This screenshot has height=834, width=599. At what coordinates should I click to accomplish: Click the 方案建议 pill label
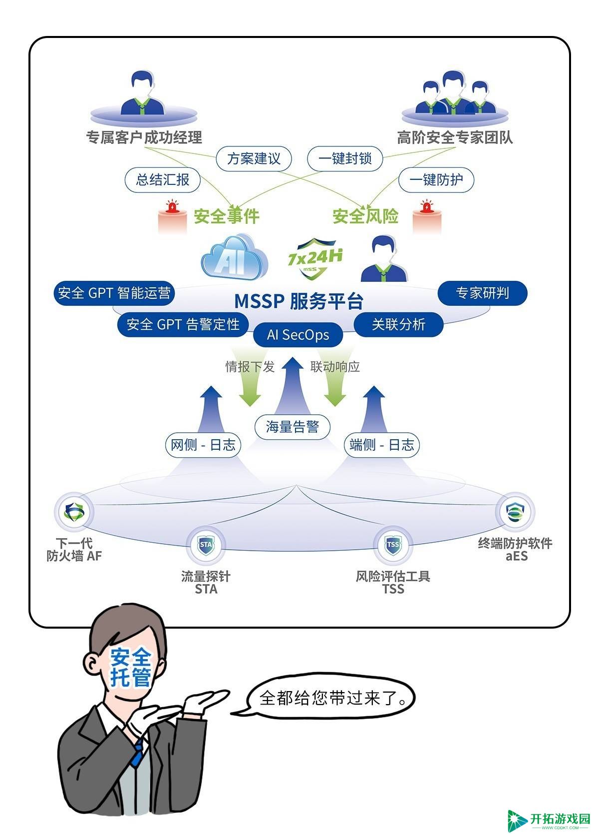coord(254,158)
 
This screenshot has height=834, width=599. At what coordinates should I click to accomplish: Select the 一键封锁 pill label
coord(345,158)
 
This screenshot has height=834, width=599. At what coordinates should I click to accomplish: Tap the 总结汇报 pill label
coord(163,180)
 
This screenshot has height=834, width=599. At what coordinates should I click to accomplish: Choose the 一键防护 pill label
coord(436,180)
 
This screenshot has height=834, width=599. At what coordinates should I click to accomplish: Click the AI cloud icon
coord(235,256)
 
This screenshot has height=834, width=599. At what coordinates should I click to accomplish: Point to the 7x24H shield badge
coord(315,258)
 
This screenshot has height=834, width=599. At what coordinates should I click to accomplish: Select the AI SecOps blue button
coord(298,335)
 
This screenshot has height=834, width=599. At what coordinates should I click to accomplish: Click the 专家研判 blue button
coord(482,293)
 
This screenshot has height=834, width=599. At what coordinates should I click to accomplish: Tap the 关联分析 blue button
coord(399,324)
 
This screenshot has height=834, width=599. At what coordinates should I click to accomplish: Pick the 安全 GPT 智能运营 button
coord(114,293)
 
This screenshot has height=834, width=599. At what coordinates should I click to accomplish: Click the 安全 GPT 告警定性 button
coord(183,324)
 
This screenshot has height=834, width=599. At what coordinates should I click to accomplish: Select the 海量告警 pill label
coord(292,427)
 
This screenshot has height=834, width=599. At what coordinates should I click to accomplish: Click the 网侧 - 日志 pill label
coord(203,445)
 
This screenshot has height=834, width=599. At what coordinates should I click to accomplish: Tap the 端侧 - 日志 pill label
coord(382,445)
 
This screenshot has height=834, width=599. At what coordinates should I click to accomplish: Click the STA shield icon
coord(206,545)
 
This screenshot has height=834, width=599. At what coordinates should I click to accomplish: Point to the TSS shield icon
coord(393,545)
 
